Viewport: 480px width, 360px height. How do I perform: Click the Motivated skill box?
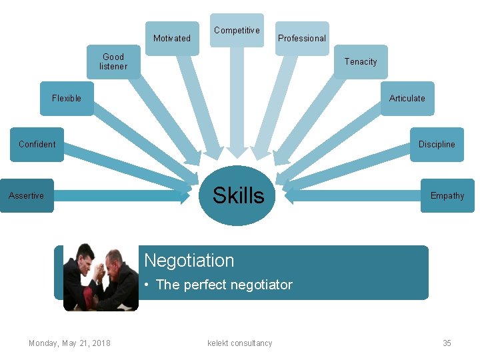(x=172, y=38)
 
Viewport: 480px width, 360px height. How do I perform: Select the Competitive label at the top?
(x=237, y=31)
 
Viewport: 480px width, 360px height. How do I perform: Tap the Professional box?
(x=302, y=38)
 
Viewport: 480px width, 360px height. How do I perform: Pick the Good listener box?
(x=113, y=62)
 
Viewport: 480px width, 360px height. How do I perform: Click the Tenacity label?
(x=361, y=62)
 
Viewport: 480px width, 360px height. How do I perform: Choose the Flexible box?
(x=67, y=99)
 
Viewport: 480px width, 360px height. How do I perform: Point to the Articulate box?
(x=407, y=99)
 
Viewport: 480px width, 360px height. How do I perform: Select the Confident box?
(x=37, y=145)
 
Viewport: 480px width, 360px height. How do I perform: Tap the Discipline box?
(x=437, y=145)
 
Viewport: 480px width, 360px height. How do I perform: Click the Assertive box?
(x=27, y=196)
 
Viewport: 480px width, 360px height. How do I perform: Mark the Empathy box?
(x=447, y=196)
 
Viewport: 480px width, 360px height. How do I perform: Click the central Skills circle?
(x=238, y=196)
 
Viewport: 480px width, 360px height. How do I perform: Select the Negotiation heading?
(x=189, y=260)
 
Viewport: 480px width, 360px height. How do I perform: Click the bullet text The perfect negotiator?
(x=224, y=285)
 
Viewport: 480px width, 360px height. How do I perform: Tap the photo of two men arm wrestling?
(x=101, y=277)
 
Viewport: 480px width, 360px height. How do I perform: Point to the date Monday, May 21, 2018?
(x=69, y=343)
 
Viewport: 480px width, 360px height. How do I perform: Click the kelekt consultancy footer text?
(x=240, y=343)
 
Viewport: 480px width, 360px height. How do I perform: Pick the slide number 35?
(x=447, y=343)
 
